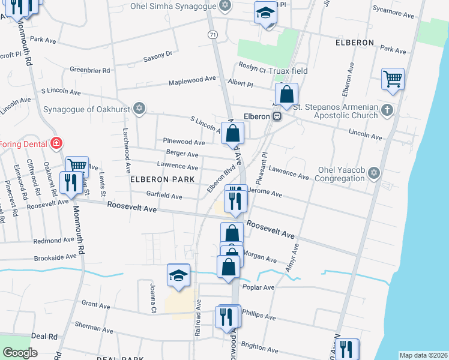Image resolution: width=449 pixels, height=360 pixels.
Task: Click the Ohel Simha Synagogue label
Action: (x=174, y=7)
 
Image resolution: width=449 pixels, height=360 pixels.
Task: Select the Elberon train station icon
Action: (x=277, y=116)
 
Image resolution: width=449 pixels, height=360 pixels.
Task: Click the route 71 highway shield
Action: (x=213, y=35)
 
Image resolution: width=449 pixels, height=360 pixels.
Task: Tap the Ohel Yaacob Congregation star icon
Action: (x=375, y=173)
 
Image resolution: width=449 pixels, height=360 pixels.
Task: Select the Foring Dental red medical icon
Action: (x=56, y=143)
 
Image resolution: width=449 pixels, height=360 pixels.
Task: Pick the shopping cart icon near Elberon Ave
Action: (x=393, y=78)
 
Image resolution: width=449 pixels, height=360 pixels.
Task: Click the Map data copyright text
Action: (x=423, y=355)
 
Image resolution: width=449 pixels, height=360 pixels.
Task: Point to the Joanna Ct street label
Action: (x=153, y=299)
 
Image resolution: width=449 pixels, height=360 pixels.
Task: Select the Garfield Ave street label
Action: (x=164, y=196)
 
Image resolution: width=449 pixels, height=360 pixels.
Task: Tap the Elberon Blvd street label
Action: (x=220, y=179)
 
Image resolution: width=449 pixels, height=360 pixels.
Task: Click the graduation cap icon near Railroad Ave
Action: (x=178, y=275)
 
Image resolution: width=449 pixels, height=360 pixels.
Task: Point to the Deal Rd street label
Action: (x=44, y=337)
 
